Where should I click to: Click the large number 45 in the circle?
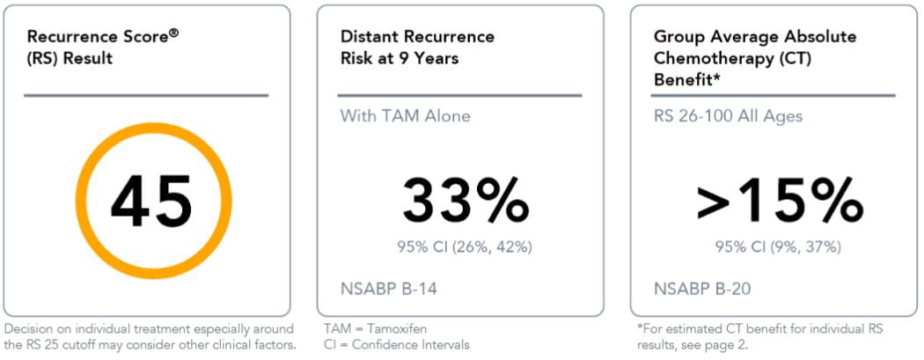(x=151, y=202)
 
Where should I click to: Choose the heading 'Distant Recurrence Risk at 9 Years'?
(x=417, y=48)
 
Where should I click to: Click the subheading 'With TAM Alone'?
(x=405, y=116)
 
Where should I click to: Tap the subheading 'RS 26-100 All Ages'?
(x=728, y=116)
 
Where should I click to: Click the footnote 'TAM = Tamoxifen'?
(x=374, y=328)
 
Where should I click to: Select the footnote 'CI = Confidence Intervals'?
(x=397, y=344)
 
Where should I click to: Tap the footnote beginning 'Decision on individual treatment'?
(x=150, y=336)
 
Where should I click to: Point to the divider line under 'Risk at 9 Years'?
(x=460, y=95)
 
